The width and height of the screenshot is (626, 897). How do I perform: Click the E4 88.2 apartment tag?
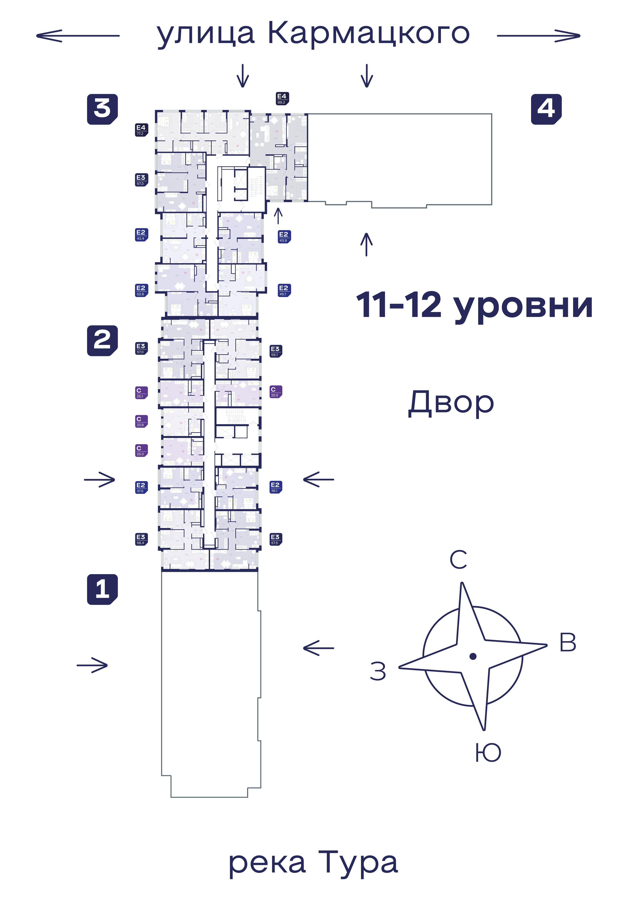click(x=282, y=99)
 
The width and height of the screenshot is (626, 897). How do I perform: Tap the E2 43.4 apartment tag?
click(x=141, y=235)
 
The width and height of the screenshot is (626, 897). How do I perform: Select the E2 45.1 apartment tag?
click(x=284, y=290)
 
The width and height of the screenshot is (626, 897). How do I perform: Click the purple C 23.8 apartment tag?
click(x=141, y=421)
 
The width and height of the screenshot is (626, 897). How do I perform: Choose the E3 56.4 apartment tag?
click(x=141, y=539)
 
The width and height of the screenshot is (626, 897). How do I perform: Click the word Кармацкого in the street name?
click(x=368, y=34)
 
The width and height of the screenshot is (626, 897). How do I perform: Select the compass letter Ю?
click(x=488, y=752)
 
